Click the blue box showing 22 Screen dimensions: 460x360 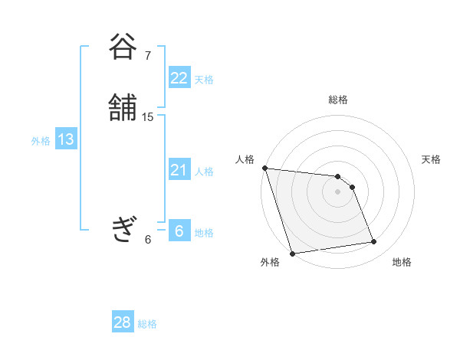coord(179,78)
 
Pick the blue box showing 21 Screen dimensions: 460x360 coord(179,170)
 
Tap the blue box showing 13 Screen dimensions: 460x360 coord(65,139)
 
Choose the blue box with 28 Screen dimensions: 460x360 coord(123,322)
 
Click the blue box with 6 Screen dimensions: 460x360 coord(179,231)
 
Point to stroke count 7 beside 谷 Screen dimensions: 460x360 coord(148,56)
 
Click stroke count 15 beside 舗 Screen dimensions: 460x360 coord(148,117)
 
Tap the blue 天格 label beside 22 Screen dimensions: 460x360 coord(204,80)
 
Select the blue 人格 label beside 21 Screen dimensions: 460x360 coord(204,172)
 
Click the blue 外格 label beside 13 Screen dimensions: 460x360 coord(41,141)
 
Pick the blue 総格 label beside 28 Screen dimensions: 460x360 coord(147,324)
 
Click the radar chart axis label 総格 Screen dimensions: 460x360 coord(338,100)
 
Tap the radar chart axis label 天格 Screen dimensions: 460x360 coord(431,159)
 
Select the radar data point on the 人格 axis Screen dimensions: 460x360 coord(264,168)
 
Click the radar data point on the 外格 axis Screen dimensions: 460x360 coord(292,253)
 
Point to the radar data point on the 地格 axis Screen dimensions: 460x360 coord(374,242)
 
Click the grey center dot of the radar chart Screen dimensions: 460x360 coord(337,191)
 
